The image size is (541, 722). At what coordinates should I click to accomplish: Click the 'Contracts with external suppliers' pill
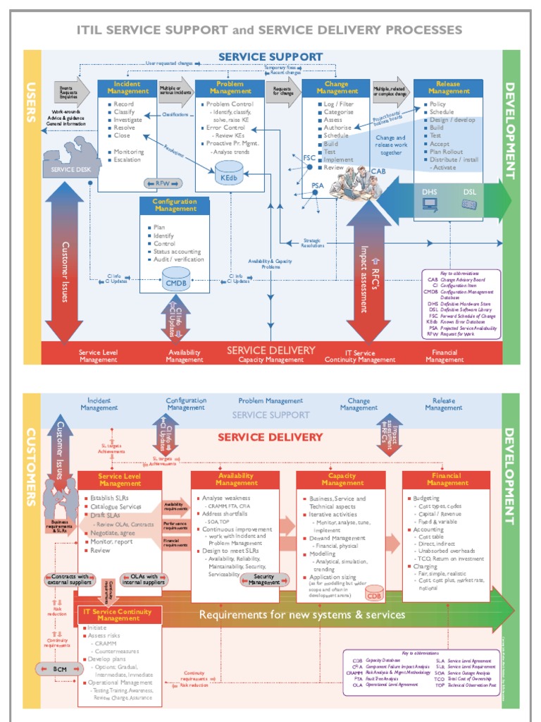[x=69, y=580]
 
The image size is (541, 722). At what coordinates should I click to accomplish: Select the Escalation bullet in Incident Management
[x=128, y=160]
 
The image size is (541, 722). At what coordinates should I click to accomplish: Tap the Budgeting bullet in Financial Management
[x=426, y=498]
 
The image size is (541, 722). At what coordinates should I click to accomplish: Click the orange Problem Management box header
[x=230, y=87]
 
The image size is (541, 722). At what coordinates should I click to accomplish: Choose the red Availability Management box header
[x=236, y=479]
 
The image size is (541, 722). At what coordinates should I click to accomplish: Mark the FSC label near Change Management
[x=309, y=158]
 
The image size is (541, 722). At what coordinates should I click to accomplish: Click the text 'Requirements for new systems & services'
[x=301, y=615]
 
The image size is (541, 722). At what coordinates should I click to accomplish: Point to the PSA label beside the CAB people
[x=318, y=185]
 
